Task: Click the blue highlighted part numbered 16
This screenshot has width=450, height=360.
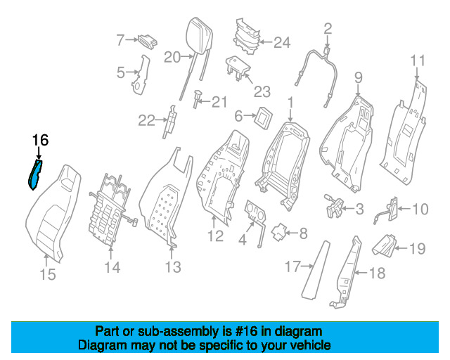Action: pos(35,175)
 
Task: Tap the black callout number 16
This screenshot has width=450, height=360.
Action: pos(40,141)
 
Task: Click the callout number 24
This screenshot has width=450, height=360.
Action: pos(282,42)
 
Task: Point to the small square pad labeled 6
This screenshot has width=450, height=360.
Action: pos(263,117)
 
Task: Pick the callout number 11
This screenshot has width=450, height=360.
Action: pos(418,60)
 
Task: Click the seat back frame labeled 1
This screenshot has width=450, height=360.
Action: pos(284,165)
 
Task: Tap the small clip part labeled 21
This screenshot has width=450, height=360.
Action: pos(197,99)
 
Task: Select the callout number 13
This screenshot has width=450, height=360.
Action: pos(173,267)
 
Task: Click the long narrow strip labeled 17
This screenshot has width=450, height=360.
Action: pos(316,270)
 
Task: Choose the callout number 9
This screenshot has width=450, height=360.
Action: pos(359,77)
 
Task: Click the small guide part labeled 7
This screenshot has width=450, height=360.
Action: pos(148,41)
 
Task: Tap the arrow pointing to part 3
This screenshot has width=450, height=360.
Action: pos(349,209)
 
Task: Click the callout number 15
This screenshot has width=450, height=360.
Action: pos(48,274)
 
